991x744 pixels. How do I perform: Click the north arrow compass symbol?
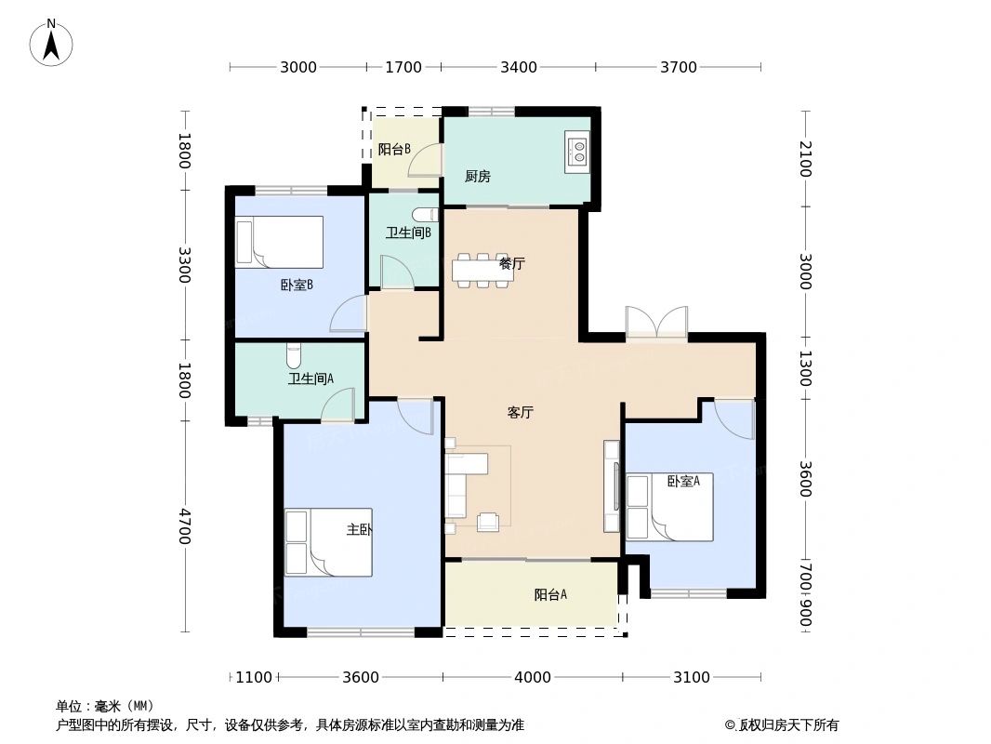pos(52,42)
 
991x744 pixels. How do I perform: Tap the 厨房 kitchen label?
pos(477,177)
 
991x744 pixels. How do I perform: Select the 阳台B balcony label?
pos(394,149)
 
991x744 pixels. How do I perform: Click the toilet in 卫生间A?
pos(294,356)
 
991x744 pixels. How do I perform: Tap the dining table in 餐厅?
pos(480,268)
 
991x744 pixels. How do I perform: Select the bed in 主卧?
pos(327,542)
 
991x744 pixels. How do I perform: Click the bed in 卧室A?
pos(668,508)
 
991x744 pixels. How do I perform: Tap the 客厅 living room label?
pos(520,413)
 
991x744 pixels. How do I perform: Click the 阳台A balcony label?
pos(550,595)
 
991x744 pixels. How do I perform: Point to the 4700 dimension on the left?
pos(185,526)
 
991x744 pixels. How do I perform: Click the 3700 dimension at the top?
pos(679,67)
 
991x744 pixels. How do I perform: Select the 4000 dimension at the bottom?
pos(533,677)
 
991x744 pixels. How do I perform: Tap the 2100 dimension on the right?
pos(805,159)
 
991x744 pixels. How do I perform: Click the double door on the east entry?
pos(656,324)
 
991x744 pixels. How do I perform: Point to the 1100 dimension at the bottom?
pos(254,677)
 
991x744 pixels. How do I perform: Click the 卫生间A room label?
pos(311,379)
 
